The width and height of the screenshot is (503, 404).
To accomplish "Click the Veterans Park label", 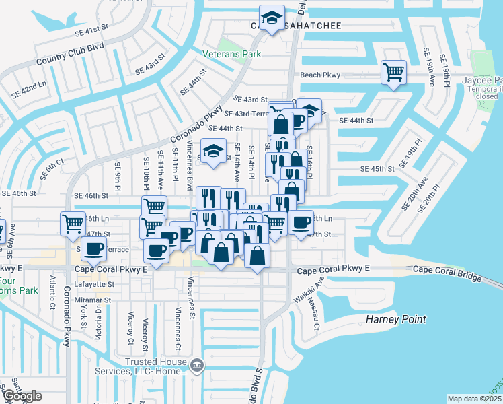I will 231,53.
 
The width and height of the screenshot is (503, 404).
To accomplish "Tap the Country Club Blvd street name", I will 71,54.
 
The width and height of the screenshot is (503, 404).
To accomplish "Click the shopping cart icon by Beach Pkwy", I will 393,71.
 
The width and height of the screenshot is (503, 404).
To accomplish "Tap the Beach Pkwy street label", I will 321,75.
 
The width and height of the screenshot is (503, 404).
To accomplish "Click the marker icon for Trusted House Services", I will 197,366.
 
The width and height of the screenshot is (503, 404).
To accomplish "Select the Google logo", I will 23,397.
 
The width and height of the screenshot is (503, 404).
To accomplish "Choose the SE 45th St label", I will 378,169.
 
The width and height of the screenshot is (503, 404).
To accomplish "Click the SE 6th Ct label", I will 51,168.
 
